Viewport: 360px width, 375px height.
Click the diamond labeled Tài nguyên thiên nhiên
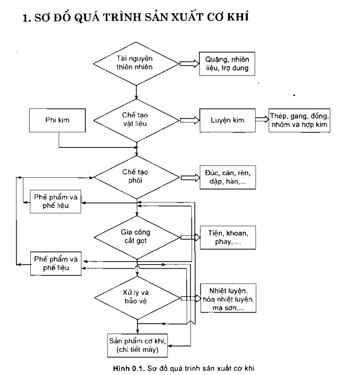136,64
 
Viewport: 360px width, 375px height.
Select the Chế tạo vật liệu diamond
136,120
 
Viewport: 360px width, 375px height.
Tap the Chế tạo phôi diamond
137,177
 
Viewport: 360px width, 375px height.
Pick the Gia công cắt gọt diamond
137,238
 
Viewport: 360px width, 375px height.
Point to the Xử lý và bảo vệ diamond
137,298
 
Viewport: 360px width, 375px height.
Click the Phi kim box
58,120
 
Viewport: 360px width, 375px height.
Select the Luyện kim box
228,120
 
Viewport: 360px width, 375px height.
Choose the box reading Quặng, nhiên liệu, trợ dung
227,64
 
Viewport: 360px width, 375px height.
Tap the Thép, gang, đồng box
299,120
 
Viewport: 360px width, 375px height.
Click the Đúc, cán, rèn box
228,177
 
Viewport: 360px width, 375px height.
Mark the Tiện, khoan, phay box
228,238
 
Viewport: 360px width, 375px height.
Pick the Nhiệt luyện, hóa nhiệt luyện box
228,298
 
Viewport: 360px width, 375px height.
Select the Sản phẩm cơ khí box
137,345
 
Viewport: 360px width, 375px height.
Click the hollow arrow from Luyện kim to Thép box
262,119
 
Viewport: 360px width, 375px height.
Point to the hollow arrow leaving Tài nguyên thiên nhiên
189,64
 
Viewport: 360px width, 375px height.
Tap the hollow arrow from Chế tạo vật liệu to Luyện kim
190,120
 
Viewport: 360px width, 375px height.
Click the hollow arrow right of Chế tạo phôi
190,178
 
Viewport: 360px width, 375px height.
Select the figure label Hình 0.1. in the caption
129,368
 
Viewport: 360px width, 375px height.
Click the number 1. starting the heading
27,18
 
